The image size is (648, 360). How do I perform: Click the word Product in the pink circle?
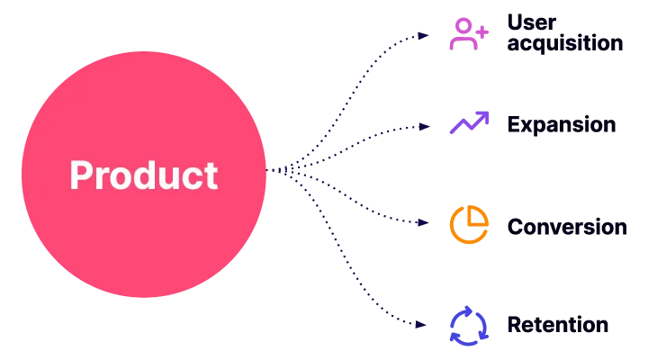click(x=144, y=175)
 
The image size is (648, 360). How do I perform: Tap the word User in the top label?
click(x=532, y=22)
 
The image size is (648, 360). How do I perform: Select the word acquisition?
click(x=565, y=43)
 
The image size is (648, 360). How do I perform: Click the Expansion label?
click(x=562, y=125)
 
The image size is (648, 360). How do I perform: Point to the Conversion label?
click(x=567, y=227)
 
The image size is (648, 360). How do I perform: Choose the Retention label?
click(x=558, y=325)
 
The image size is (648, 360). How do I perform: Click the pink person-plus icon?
click(x=469, y=34)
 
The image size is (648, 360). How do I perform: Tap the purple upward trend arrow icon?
click(x=469, y=122)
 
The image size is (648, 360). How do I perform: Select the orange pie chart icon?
click(x=469, y=224)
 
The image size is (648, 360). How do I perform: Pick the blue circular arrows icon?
click(x=469, y=326)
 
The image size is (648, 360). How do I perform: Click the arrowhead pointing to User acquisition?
click(x=423, y=36)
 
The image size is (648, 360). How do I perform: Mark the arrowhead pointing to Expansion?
click(x=424, y=127)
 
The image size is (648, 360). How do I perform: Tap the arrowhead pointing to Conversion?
click(x=423, y=223)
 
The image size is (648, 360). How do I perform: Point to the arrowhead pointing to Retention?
click(x=420, y=325)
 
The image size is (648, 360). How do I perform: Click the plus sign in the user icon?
click(x=481, y=31)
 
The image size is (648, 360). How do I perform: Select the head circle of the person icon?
click(x=463, y=25)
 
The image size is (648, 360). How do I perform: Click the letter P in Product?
click(x=80, y=175)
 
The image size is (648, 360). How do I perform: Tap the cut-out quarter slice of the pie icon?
click(x=477, y=216)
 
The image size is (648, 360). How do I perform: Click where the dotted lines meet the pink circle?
click(x=266, y=170)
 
